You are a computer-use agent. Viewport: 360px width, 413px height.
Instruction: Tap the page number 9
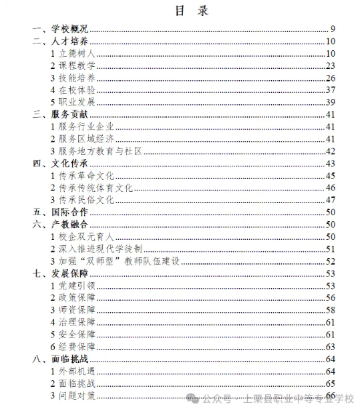(331, 29)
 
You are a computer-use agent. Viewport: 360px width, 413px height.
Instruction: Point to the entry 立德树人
(77, 53)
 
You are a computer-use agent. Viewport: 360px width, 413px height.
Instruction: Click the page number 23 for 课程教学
(329, 65)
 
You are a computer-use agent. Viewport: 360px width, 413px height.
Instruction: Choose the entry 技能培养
(77, 78)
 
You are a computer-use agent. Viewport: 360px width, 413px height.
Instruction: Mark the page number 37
(329, 90)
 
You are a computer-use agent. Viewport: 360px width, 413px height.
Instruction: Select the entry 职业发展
(77, 102)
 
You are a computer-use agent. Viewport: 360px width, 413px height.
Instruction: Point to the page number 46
(329, 188)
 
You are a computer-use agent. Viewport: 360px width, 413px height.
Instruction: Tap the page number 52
(329, 261)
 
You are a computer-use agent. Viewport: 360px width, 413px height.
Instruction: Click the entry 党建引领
(77, 285)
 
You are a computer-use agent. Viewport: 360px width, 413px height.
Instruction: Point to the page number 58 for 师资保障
(329, 310)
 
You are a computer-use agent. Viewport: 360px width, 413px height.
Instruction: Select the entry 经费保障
(77, 346)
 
